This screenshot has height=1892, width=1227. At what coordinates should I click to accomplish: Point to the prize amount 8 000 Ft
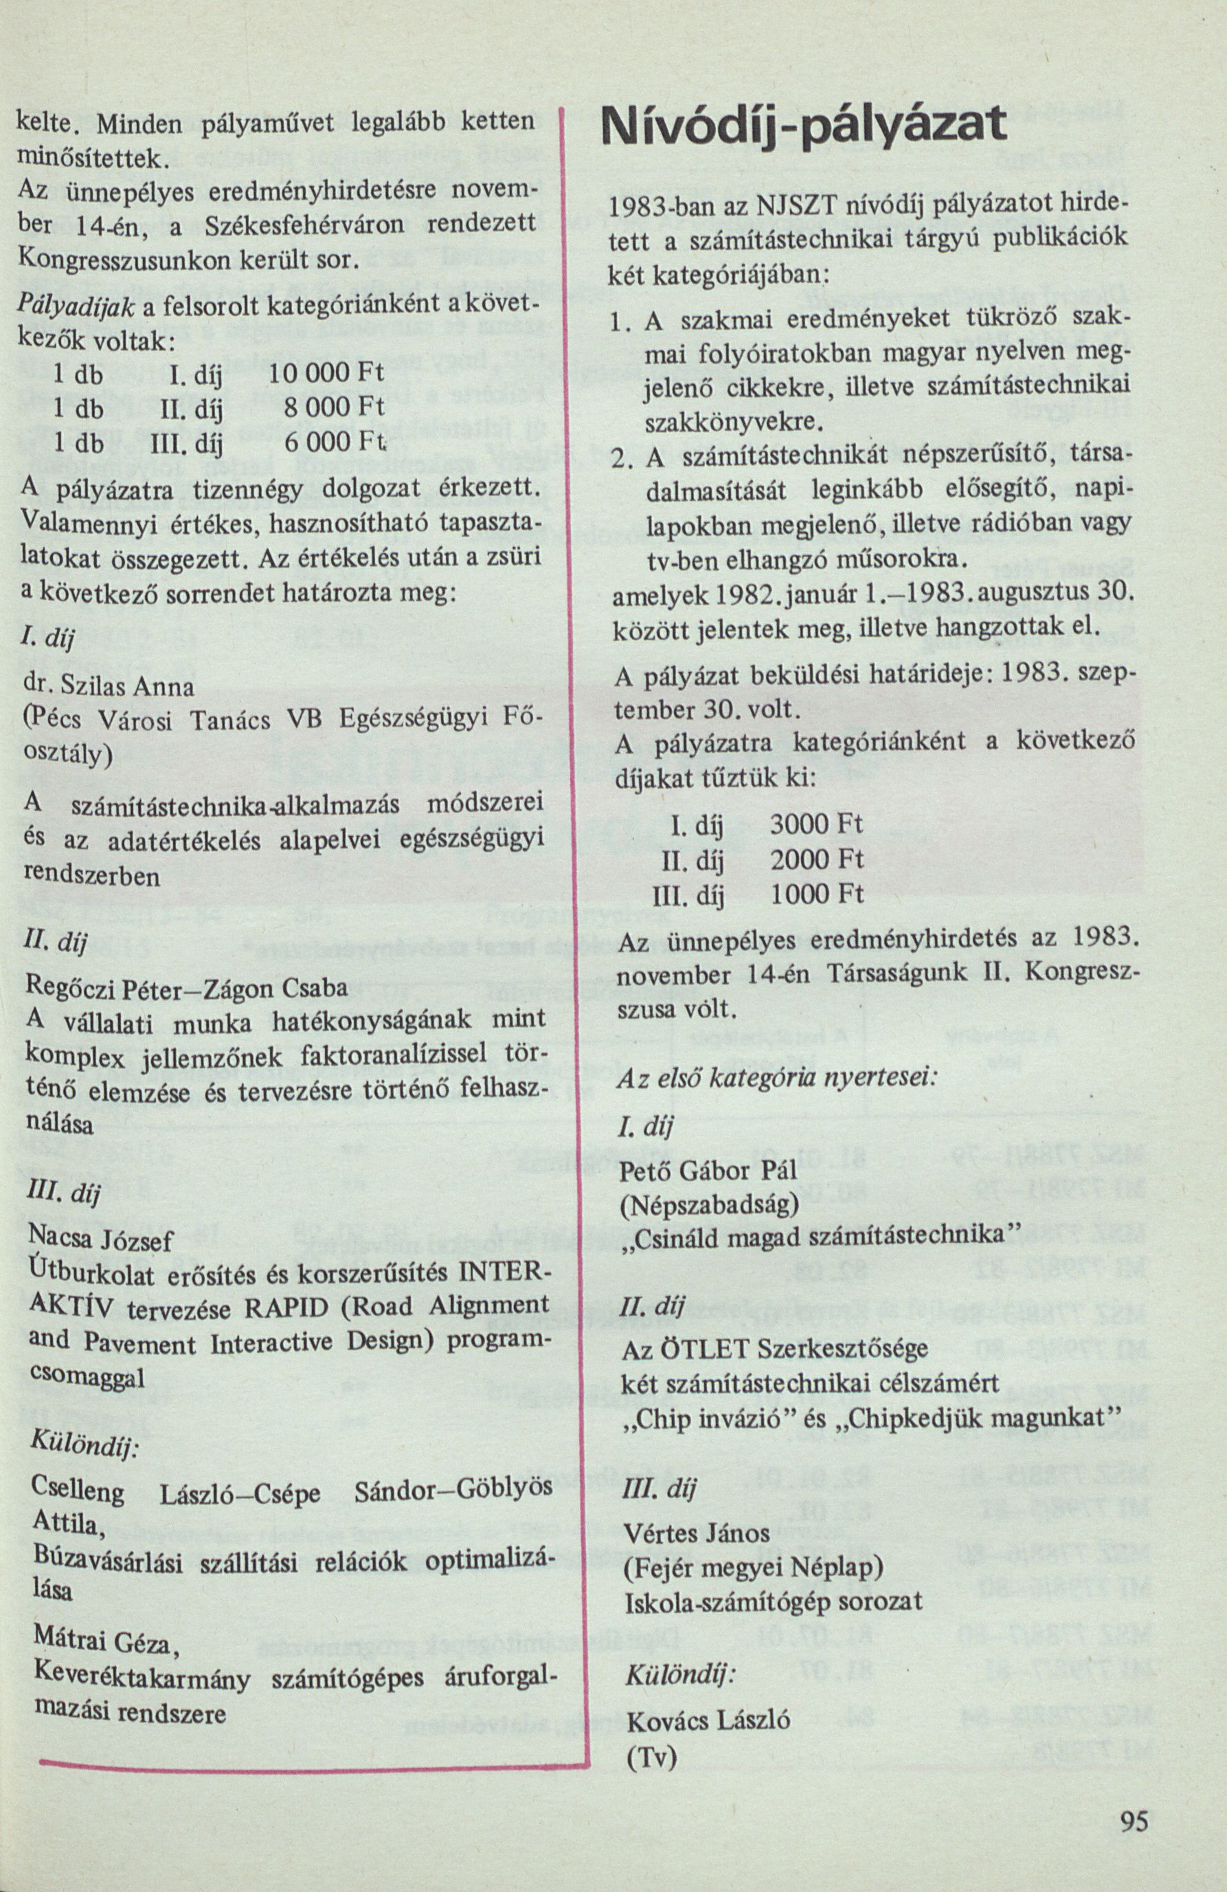coord(334,407)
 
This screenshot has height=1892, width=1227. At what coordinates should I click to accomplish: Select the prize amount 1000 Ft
coord(817,895)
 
